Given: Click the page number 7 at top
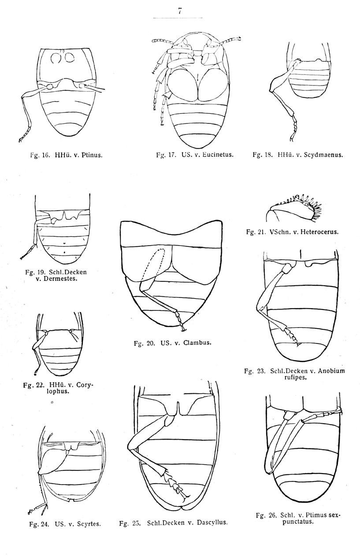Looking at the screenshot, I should click(x=180, y=12).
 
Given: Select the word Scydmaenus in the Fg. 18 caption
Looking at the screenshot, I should click(x=322, y=155).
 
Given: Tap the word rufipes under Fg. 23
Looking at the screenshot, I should click(x=294, y=377).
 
